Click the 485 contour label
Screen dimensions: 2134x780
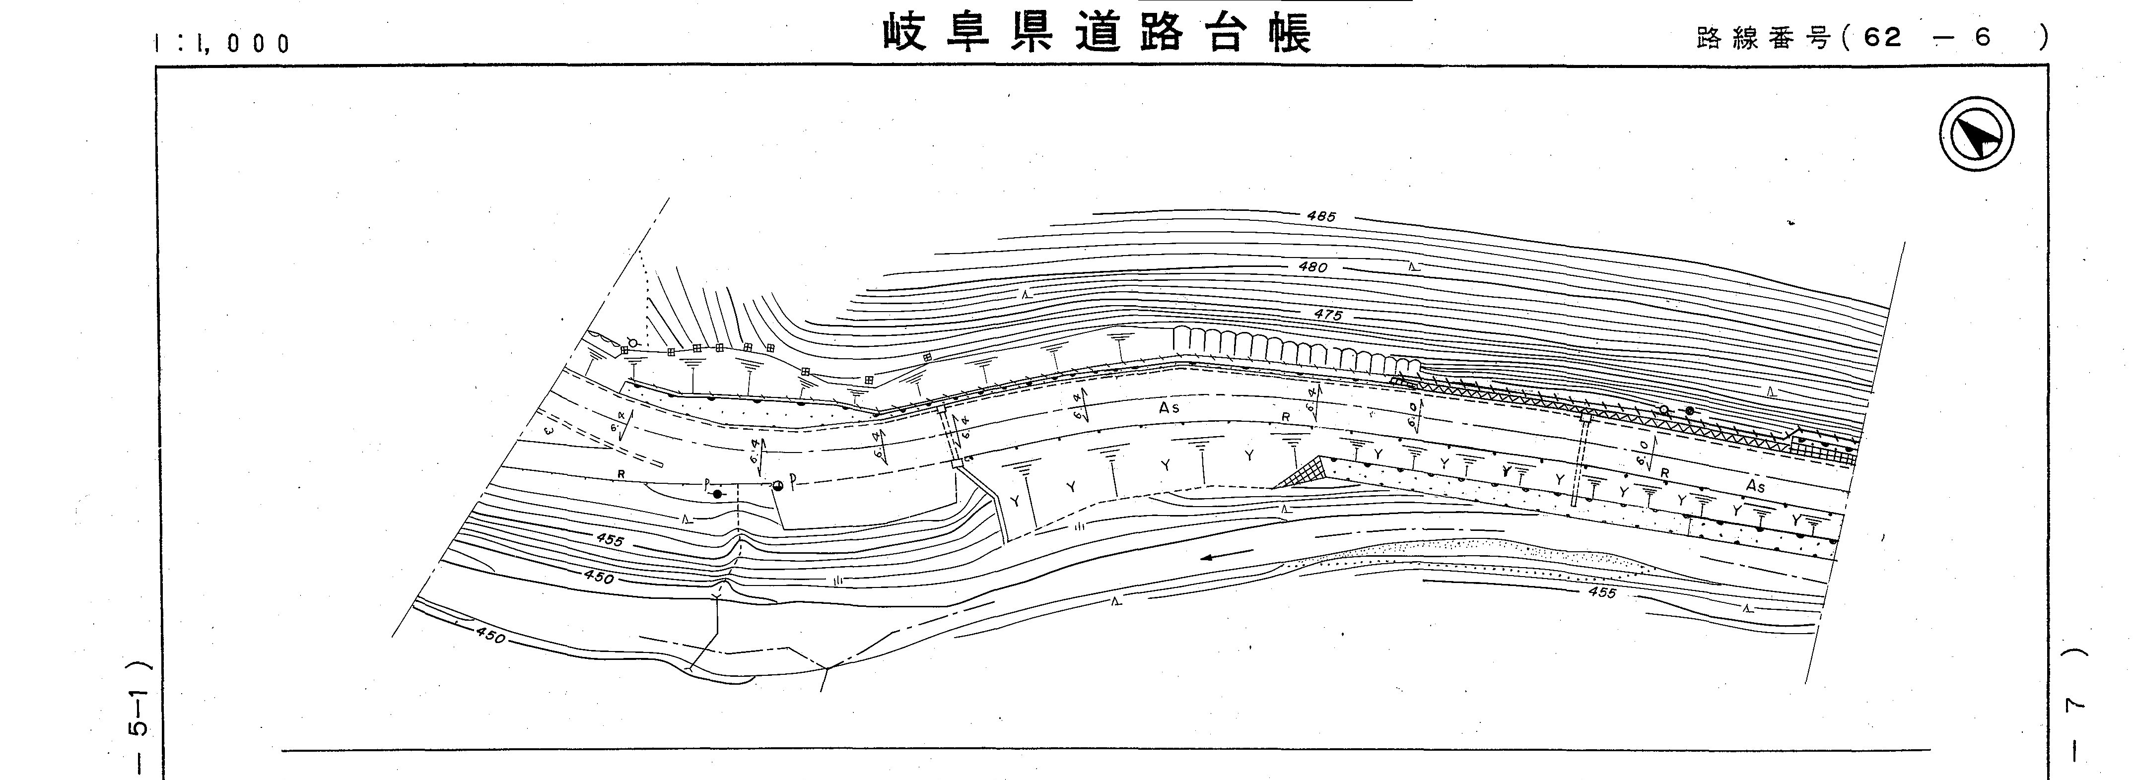1321,217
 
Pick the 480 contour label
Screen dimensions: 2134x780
1313,266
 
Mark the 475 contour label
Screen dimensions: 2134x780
1327,315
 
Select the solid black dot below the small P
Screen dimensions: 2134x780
717,494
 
